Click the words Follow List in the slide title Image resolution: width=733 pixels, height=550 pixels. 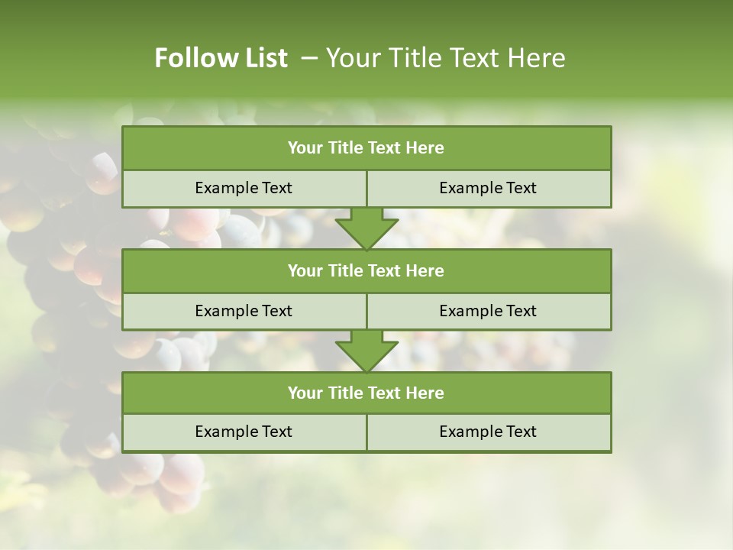pos(221,58)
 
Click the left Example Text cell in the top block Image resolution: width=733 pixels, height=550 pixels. pos(244,188)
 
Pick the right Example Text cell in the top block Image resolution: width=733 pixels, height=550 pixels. pos(488,188)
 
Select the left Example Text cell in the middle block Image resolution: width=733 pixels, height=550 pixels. pos(244,311)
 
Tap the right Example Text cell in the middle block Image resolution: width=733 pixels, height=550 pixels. pos(488,311)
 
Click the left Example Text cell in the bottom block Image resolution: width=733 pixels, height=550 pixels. pos(244,432)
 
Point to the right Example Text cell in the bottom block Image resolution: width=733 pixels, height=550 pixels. pos(488,432)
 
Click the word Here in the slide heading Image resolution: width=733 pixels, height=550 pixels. pos(535,58)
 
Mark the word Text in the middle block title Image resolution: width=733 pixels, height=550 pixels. pos(385,270)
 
